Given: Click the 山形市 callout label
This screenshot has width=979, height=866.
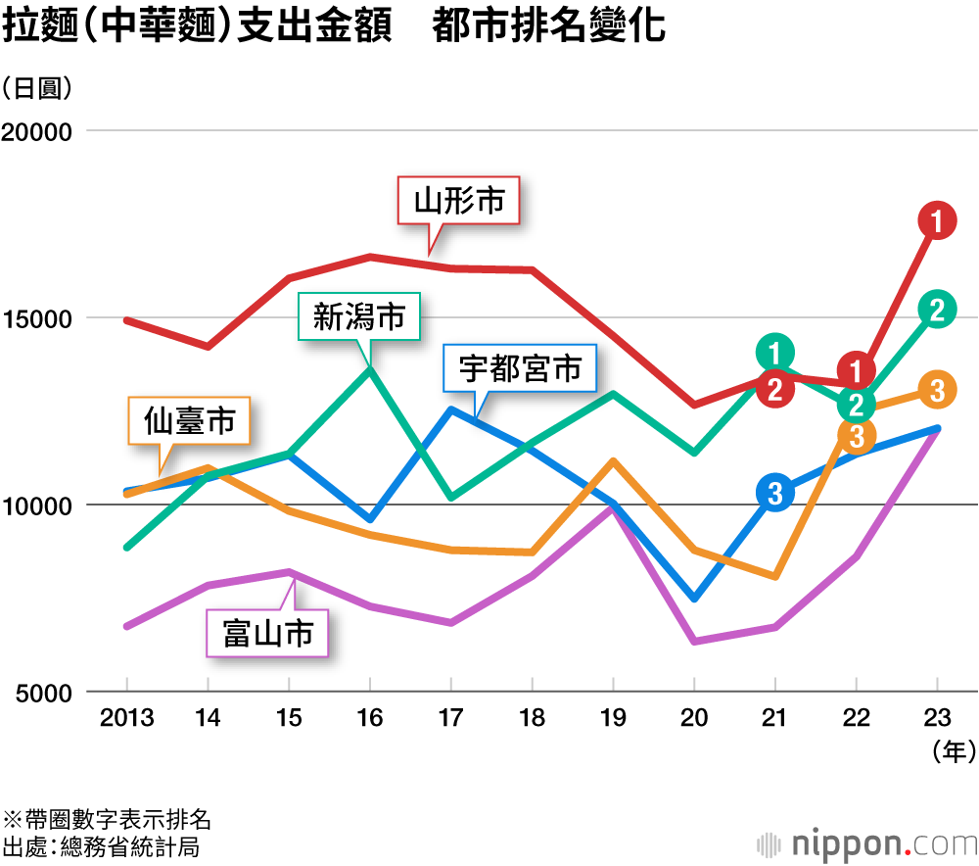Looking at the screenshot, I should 459,202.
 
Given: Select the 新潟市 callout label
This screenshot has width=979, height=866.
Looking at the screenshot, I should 358,316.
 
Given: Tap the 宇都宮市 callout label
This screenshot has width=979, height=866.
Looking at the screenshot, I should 520,368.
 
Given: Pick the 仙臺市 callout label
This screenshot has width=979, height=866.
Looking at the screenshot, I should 189,421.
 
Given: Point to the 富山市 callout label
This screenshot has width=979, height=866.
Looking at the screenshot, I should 268,633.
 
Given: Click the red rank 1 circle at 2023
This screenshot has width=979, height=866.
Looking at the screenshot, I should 937,222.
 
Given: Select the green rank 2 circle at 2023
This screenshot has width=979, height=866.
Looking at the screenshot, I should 937,310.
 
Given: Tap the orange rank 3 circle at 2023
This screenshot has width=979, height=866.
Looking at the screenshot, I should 937,390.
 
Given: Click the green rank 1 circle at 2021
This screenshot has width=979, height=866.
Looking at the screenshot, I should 775,353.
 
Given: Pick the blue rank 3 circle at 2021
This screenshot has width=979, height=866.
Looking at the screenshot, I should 775,494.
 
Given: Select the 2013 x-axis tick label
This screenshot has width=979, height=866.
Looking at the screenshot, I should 126,719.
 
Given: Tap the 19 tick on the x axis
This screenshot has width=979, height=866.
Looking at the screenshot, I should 613,719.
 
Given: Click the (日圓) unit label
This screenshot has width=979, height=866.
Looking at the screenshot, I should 37,87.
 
